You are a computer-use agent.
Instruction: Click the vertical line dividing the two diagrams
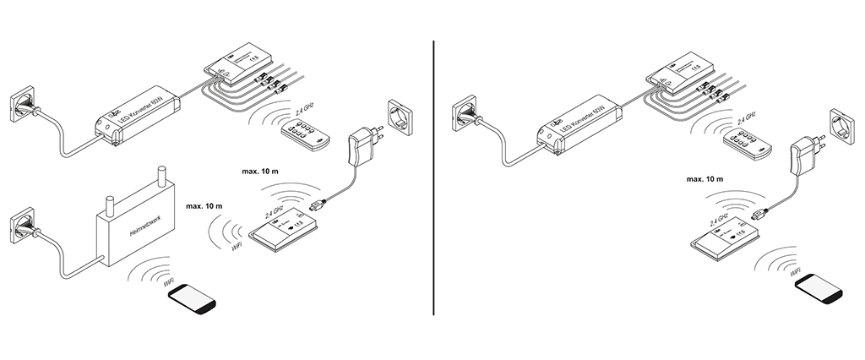tap(434, 177)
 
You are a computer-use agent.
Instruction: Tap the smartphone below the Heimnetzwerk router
tap(191, 299)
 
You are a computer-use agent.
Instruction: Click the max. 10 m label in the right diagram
tap(705, 180)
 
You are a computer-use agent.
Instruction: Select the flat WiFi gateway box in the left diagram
tap(283, 229)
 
